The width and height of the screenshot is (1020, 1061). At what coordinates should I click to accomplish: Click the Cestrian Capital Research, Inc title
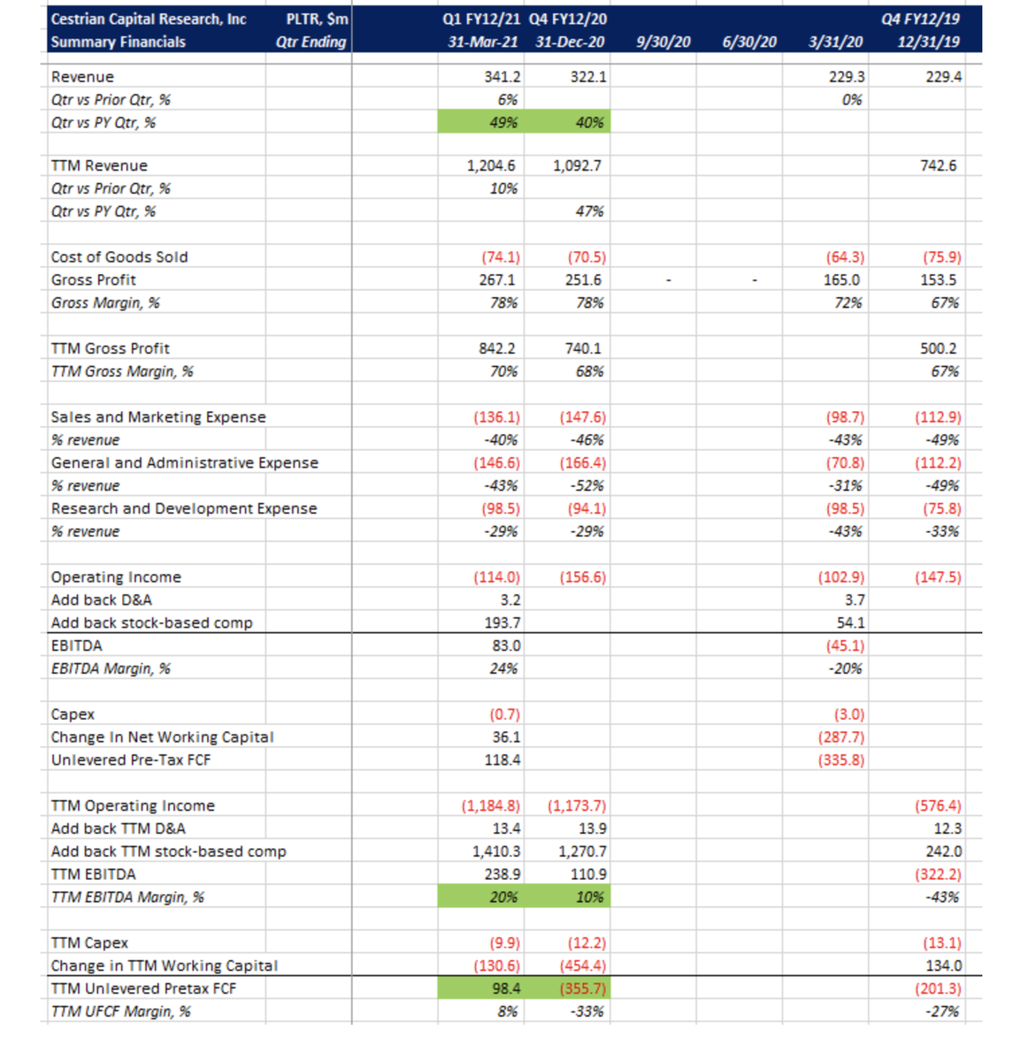tap(149, 19)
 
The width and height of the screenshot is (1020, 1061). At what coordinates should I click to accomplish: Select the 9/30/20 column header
tap(663, 42)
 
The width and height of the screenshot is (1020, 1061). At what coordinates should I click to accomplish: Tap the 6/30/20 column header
tap(749, 42)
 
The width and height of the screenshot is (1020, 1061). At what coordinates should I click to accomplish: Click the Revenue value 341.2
tap(502, 77)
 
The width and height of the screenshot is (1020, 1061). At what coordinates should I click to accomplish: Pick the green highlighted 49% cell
tap(481, 123)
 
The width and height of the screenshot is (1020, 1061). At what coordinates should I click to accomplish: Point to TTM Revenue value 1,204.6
tap(491, 165)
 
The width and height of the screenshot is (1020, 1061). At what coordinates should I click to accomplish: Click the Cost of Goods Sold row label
tap(119, 257)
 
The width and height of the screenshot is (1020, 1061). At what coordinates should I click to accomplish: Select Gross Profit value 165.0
tap(841, 280)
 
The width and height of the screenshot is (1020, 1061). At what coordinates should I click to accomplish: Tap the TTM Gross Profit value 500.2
tap(938, 348)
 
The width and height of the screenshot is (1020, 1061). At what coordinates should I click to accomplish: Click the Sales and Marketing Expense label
tap(158, 417)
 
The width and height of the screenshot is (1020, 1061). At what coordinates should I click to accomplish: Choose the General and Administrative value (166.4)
tap(582, 463)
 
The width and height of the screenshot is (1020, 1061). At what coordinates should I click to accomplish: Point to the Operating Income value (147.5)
tap(938, 577)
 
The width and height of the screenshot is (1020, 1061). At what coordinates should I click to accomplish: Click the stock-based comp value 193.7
tap(502, 623)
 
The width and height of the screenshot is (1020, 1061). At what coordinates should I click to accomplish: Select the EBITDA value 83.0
tap(506, 646)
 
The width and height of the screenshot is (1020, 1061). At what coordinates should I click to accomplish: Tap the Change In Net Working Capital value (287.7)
tap(840, 737)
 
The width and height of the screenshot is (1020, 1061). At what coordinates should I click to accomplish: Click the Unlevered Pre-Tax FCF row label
tap(131, 760)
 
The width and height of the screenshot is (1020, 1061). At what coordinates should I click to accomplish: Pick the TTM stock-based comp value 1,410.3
tap(496, 851)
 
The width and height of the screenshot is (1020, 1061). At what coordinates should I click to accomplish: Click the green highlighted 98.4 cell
tap(481, 988)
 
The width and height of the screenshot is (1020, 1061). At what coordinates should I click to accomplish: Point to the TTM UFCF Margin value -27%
tap(944, 1011)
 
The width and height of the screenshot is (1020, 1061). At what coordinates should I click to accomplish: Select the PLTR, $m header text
tap(317, 19)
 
